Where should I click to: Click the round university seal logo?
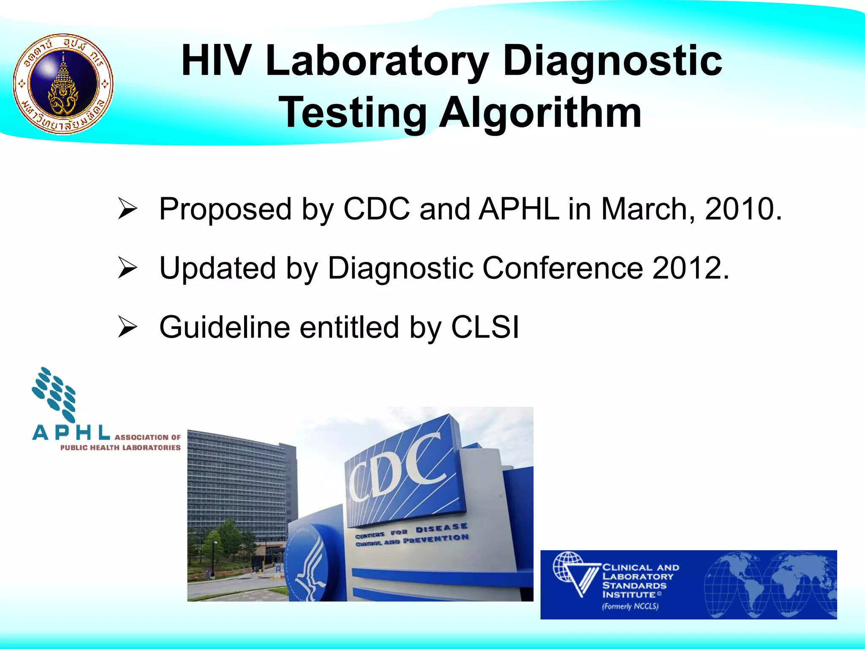63,84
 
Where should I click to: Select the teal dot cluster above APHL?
54,394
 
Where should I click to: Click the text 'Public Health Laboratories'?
120,448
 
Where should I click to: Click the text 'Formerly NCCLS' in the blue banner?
630,607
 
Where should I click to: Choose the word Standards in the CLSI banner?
634,586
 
